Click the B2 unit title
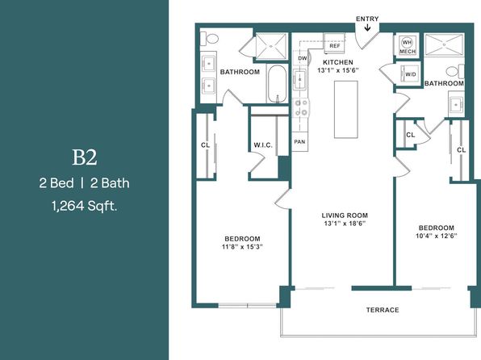85,157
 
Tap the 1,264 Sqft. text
85,206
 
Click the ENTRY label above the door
367,19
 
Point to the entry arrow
367,27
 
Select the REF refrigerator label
335,46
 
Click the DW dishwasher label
302,58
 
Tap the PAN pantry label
299,142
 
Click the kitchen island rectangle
345,110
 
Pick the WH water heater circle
407,42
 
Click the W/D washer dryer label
411,74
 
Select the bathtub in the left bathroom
278,84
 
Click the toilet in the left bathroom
210,39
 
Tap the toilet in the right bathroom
455,71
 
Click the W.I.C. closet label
263,145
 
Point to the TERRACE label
383,310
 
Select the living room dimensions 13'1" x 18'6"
345,224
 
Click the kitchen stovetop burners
300,108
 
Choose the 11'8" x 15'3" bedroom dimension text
242,247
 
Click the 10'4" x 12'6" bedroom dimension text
437,236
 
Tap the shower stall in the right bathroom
444,45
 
